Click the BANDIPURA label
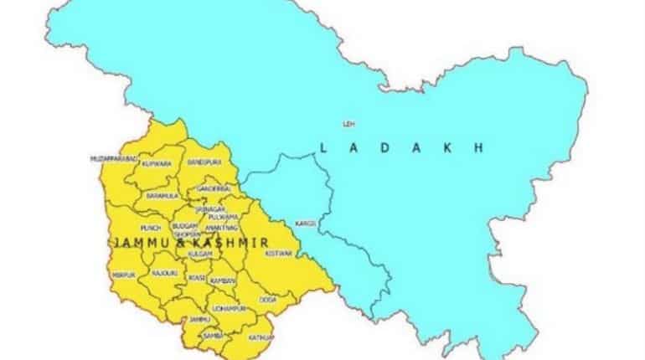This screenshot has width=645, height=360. coord(204,160)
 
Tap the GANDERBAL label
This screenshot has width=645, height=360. coord(214,189)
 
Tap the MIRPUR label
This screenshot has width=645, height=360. coord(122,274)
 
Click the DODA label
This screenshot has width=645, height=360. coord(268,298)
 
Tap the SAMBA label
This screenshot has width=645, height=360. coord(210,335)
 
